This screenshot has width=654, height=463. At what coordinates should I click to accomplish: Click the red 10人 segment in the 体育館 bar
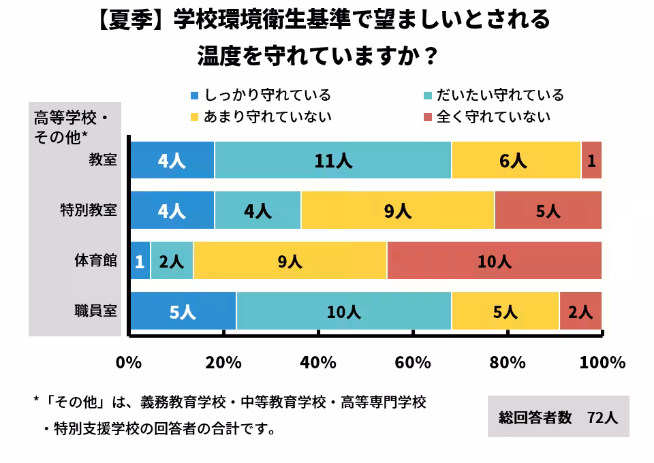(494, 261)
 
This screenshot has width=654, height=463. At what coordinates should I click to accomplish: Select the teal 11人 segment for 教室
(332, 161)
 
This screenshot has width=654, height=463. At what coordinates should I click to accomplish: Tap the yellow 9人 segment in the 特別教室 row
(398, 211)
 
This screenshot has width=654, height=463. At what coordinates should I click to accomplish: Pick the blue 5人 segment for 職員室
(183, 312)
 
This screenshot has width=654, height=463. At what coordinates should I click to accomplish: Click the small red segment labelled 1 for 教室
(591, 161)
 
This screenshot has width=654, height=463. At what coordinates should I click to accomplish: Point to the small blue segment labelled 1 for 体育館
(140, 261)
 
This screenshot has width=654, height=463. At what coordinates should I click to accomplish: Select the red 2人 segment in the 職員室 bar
(580, 312)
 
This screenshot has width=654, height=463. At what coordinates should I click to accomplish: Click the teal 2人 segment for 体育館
(172, 261)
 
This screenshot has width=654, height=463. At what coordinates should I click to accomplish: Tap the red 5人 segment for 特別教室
(548, 211)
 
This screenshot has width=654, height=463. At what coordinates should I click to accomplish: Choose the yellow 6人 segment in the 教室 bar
(516, 161)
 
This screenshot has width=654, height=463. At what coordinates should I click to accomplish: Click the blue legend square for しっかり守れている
(194, 96)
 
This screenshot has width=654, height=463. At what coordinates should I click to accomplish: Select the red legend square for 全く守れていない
(427, 117)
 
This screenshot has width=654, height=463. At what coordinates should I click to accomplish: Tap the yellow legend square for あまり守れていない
(194, 117)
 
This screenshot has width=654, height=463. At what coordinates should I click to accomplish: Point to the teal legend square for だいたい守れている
(427, 96)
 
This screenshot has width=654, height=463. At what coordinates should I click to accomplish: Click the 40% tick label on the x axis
(317, 362)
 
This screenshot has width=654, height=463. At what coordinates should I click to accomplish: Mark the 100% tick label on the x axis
(602, 362)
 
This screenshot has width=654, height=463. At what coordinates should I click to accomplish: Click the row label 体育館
(96, 261)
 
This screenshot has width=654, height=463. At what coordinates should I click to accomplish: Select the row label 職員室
(96, 312)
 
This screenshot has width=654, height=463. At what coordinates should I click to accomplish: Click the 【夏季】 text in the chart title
(134, 21)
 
